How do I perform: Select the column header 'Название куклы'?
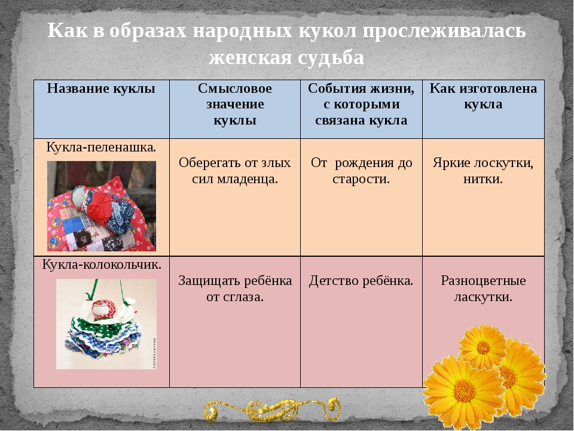[101, 89]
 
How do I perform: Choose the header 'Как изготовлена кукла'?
[483, 96]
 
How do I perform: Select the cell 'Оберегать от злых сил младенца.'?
[235, 171]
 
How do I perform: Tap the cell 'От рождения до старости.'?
[361, 171]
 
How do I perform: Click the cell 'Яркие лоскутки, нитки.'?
[483, 171]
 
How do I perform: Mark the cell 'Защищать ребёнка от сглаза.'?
[235, 288]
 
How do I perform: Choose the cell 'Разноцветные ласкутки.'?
[483, 288]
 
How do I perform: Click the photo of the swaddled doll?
[102, 206]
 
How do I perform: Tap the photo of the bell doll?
[106, 323]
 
